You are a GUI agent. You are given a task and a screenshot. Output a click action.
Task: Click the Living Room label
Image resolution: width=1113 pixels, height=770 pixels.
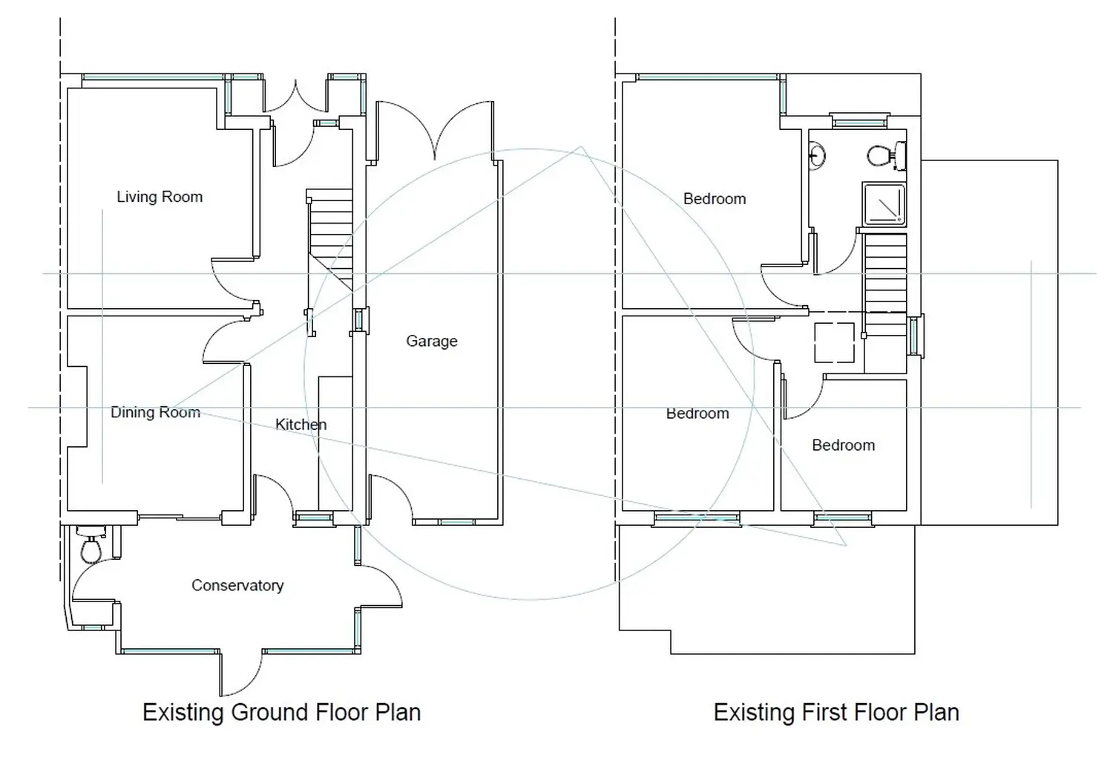[x=160, y=197]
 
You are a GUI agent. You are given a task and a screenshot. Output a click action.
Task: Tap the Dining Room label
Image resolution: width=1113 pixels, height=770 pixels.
[x=155, y=412]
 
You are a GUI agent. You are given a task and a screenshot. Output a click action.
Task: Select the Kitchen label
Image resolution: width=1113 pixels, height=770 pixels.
[x=301, y=425]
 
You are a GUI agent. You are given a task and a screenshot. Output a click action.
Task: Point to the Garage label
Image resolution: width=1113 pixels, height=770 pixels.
[x=432, y=341]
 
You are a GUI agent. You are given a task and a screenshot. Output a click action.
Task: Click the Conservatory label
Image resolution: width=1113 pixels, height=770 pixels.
[x=237, y=586]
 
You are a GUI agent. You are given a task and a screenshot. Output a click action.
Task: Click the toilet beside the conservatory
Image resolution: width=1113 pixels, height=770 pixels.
[x=91, y=545]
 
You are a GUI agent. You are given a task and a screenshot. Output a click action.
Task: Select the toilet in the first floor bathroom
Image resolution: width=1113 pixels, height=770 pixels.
[x=887, y=156]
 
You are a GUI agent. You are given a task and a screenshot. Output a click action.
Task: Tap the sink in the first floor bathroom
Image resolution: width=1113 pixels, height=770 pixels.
[x=816, y=156]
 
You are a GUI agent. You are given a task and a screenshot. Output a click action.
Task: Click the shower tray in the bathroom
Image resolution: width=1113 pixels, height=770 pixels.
[x=884, y=204]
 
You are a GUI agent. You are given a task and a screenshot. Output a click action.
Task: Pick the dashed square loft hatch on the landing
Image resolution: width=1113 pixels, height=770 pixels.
[x=834, y=342]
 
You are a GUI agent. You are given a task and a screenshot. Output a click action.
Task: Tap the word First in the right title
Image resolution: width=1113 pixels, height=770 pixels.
[x=821, y=712]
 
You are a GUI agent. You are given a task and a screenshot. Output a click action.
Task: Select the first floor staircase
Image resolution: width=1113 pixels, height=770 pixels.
[x=885, y=284]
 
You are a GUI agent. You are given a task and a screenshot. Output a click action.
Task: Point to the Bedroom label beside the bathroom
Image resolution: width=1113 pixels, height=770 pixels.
[x=715, y=199]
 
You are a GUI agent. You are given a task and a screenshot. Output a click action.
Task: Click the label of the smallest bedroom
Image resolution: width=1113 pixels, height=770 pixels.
[x=843, y=445]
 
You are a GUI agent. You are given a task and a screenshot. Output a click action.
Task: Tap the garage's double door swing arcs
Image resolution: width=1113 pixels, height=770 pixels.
[x=435, y=130]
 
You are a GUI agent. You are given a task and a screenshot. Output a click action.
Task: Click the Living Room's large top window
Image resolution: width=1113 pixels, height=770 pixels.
[x=153, y=77]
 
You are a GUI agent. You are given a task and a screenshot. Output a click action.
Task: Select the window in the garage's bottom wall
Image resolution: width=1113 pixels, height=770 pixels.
[x=457, y=522]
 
